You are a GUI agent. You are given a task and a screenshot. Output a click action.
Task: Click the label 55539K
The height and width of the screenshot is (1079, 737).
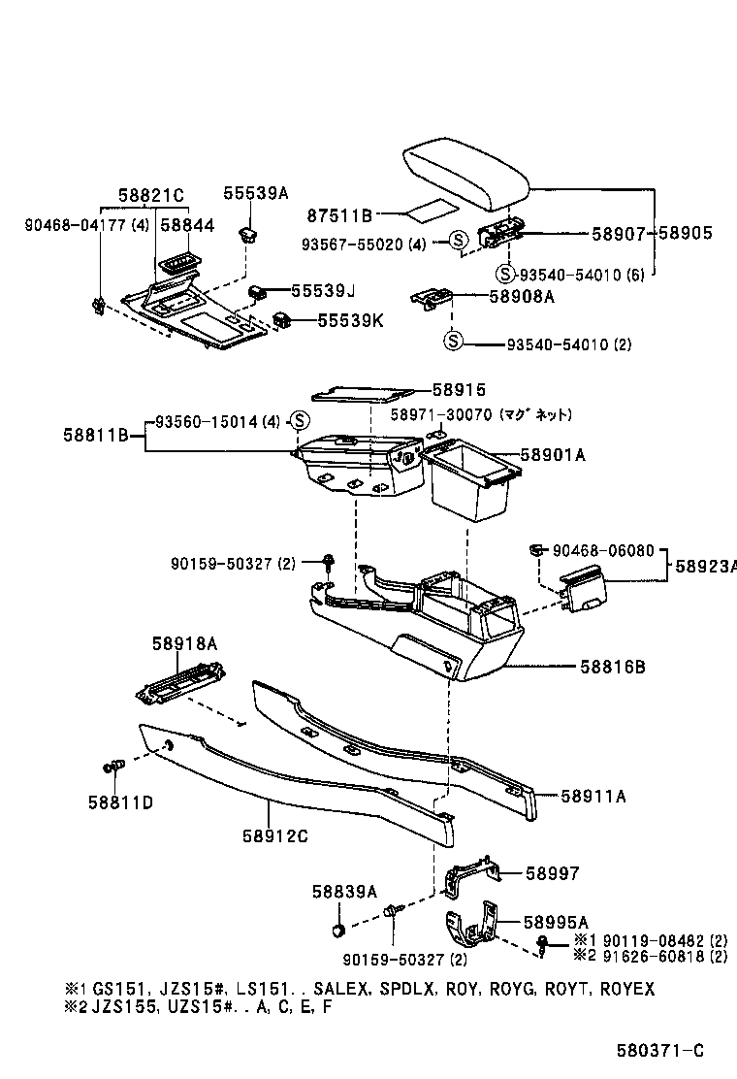350,319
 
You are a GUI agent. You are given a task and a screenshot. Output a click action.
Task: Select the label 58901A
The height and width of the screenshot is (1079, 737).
553,454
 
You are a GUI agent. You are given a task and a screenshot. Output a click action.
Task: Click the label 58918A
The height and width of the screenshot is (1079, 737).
183,643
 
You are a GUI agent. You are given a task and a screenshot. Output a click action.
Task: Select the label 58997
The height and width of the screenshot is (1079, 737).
552,873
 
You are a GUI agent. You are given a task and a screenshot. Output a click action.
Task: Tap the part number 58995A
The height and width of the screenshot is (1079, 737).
557,922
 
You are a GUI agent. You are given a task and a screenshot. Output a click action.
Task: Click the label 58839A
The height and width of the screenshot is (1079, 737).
344,891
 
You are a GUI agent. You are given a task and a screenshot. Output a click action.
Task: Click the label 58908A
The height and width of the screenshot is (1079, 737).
521,297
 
